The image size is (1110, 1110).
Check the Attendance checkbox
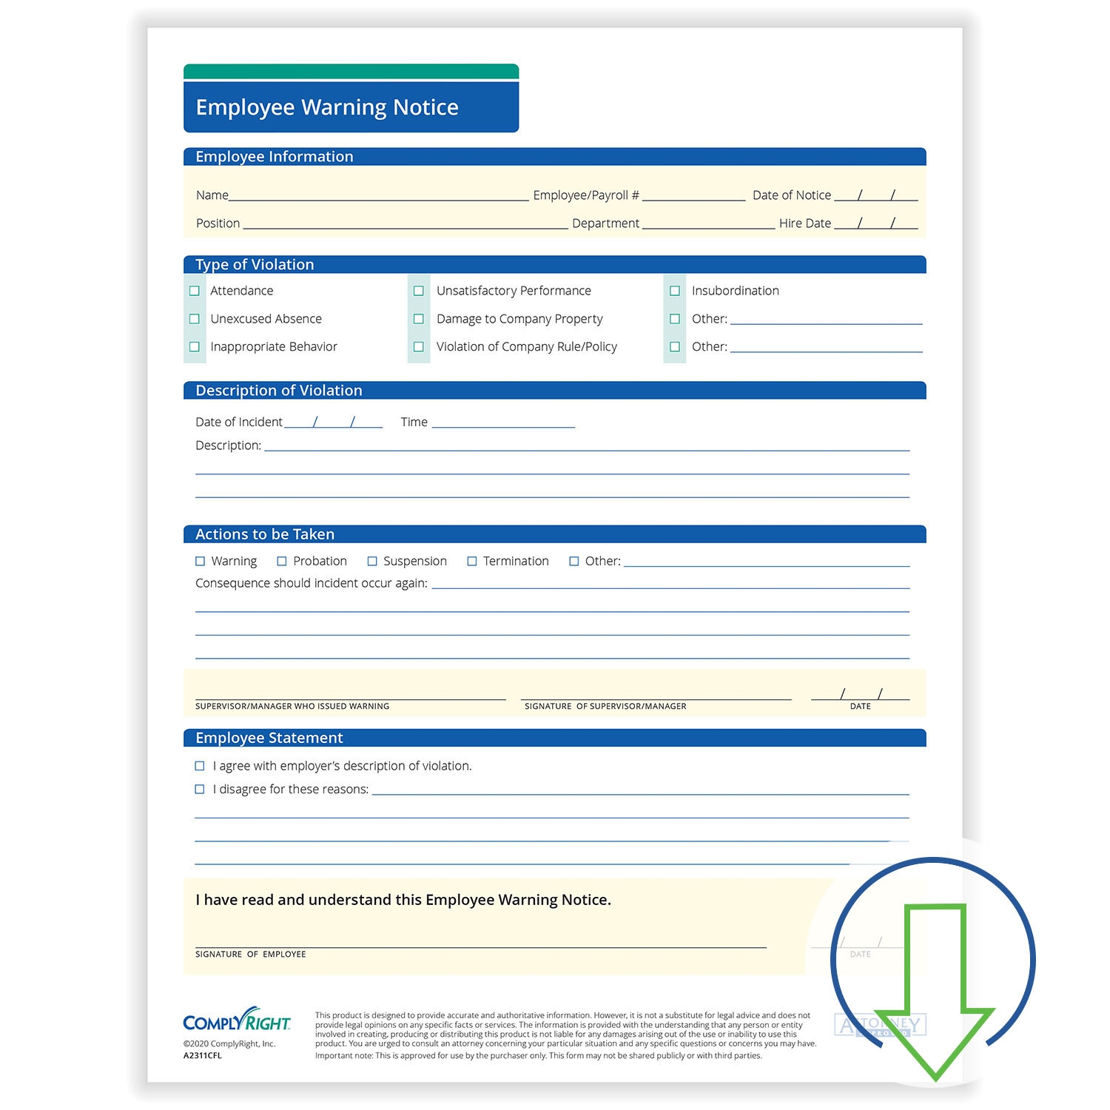coord(195,291)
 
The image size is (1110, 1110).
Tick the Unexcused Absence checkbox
coord(195,319)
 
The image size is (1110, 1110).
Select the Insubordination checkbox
coord(675,291)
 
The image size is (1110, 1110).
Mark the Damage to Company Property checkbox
coord(419,319)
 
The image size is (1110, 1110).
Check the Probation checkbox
coord(282,562)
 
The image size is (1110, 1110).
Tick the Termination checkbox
coord(472,562)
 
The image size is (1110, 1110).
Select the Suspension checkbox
coord(372,562)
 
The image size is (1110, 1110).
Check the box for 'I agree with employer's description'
coord(200,766)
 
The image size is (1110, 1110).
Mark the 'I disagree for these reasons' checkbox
coord(200,790)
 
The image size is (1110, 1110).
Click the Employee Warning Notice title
coord(327,107)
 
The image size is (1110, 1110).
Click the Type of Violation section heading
coord(255,265)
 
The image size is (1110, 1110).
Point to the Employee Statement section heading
coord(269,738)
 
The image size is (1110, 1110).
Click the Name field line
coord(379,196)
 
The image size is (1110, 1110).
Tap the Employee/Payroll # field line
coord(693,196)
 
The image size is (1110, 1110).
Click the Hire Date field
coord(875,223)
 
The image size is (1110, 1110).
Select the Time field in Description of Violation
coord(503,423)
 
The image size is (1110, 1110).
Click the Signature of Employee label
coord(250,955)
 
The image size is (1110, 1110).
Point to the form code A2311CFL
coord(203,1056)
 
